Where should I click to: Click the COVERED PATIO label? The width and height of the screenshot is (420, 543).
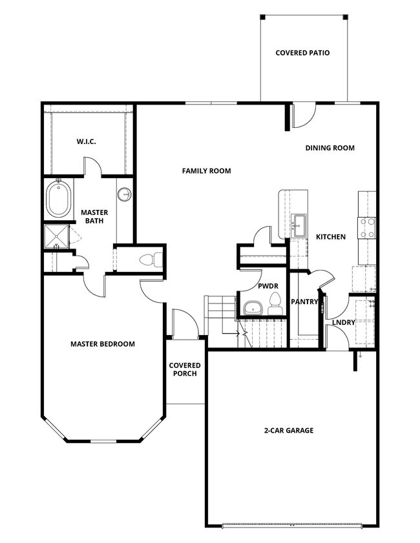[x=302, y=53]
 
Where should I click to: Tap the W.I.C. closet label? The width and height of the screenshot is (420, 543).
[x=86, y=141]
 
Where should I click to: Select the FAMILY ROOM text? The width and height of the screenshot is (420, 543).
[x=206, y=171]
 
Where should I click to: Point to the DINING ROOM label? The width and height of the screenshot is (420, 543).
[x=330, y=148]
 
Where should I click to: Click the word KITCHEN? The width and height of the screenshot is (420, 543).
[x=330, y=237]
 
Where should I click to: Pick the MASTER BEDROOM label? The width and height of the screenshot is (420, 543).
[x=103, y=344]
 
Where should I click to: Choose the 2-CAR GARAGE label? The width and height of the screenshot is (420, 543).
[x=289, y=431]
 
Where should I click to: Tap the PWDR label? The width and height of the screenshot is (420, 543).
[x=268, y=285]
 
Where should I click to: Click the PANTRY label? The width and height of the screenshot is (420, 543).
[x=304, y=302]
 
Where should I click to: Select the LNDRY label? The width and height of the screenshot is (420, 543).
[x=343, y=323]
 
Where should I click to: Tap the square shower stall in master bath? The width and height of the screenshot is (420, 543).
[x=56, y=237]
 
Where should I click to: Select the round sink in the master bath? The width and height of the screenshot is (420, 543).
[x=125, y=194]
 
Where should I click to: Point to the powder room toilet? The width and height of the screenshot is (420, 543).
[x=275, y=303]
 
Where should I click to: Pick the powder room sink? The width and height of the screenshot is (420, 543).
[x=252, y=307]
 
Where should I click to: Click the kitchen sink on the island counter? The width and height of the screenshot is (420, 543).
[x=299, y=225]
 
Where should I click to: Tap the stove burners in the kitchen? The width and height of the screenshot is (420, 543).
[x=368, y=227]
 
